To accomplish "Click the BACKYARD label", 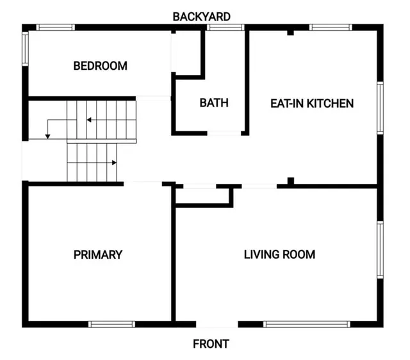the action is click(x=202, y=17).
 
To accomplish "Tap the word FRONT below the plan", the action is click(x=211, y=344).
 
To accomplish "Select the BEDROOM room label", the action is click(x=101, y=66).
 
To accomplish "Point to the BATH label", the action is click(x=214, y=102).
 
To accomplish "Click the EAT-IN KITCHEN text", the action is click(x=312, y=104).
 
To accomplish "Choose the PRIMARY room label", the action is click(x=98, y=255).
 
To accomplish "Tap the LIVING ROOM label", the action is click(x=279, y=254).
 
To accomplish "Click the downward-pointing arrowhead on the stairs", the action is click(x=47, y=136).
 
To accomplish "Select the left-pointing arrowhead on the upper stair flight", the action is click(x=89, y=120).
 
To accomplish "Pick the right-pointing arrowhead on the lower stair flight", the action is click(x=114, y=163).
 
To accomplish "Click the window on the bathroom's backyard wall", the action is click(x=225, y=27).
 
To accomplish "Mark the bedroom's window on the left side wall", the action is click(x=25, y=49).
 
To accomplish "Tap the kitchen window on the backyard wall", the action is click(x=331, y=27).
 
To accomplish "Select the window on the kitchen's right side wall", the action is click(x=380, y=108).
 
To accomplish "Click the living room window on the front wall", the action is click(x=307, y=324).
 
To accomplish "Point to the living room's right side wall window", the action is click(x=380, y=250).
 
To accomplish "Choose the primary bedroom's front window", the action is click(x=111, y=324).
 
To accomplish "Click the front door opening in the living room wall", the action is click(x=217, y=324).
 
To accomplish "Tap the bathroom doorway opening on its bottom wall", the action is click(x=224, y=133).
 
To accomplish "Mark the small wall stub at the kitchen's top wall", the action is click(x=290, y=33).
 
